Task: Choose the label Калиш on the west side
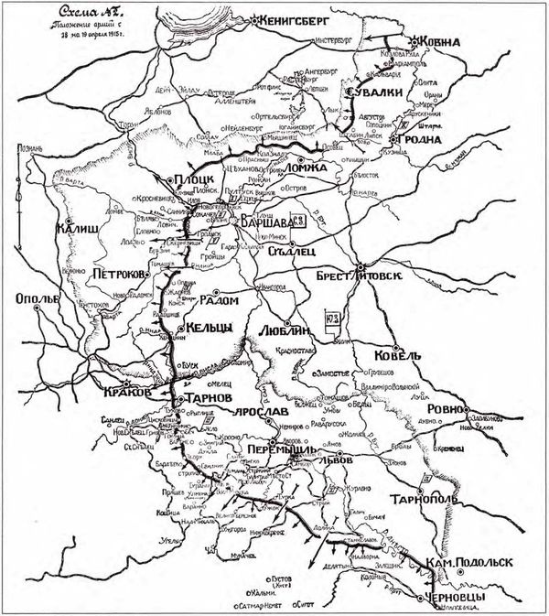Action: pyautogui.click(x=74, y=231)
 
